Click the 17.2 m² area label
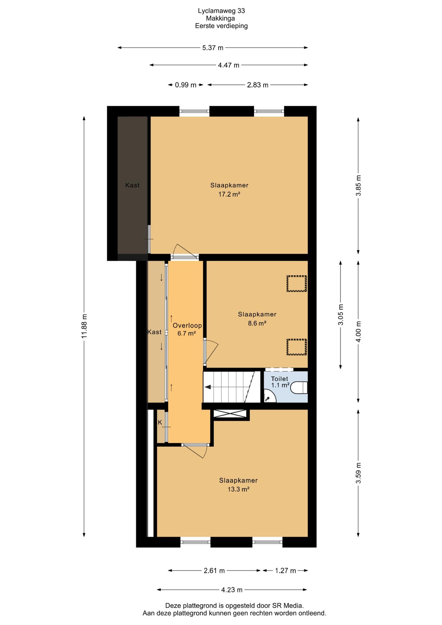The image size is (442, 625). coord(229,194)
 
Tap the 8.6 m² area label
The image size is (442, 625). coord(257,323)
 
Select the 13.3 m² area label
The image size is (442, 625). coord(238,489)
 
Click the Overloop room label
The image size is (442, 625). coord(187,326)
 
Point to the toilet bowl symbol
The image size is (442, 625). coord(299,387)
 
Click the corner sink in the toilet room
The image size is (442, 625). coord(269,397)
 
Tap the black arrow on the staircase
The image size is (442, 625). coord(207,387)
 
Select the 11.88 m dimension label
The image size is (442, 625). coord(84,326)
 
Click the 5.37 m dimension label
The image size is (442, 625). coord(213,48)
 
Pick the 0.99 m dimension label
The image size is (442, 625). coord(186,85)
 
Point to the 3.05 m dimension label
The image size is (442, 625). coord(340,314)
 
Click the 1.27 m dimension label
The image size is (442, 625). coord(285,571)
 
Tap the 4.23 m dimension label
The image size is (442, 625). coord(232,590)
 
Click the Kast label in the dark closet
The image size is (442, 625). coord(132,185)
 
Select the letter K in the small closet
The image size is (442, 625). coord(160,423)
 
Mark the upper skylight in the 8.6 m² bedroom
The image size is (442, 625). coord(297,284)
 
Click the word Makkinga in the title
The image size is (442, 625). coord(220,18)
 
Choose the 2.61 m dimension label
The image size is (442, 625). coord(214,571)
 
